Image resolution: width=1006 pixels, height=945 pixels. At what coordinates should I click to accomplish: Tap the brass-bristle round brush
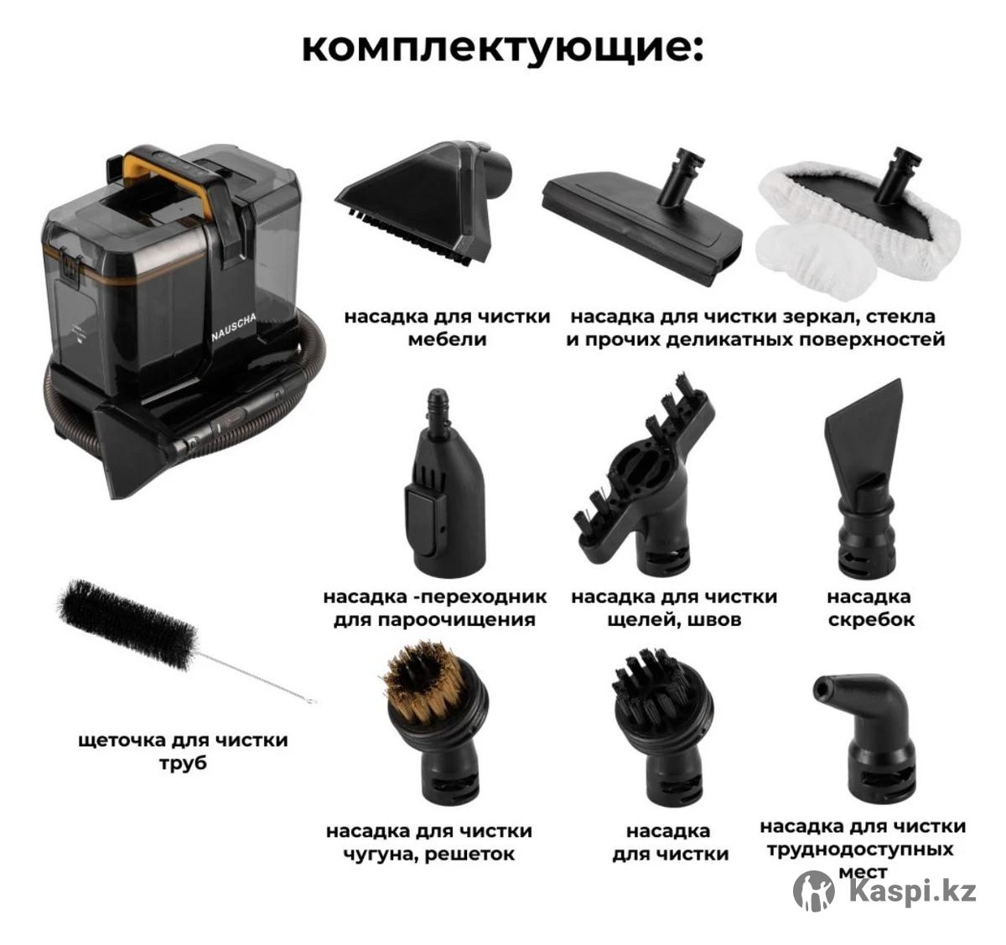(x=434, y=723)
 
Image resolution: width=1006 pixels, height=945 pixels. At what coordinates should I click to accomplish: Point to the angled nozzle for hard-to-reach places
(x=867, y=735)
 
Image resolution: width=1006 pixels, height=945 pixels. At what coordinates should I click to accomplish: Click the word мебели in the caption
(x=448, y=339)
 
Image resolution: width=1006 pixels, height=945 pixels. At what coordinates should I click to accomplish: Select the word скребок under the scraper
(x=871, y=620)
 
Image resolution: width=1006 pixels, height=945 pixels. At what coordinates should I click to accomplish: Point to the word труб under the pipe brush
(x=184, y=764)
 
